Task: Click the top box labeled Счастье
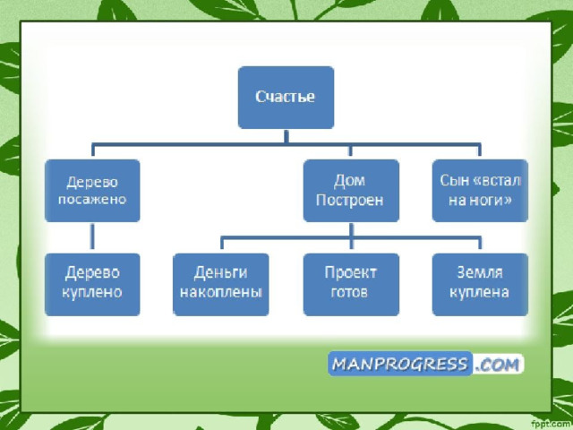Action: (286, 97)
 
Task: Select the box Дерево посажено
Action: (93, 191)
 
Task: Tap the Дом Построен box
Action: (350, 191)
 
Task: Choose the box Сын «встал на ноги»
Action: (480, 191)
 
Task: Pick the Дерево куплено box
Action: (93, 283)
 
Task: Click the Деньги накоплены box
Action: (221, 283)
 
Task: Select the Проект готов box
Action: (350, 283)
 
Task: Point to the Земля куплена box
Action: (480, 283)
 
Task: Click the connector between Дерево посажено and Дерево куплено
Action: (93, 237)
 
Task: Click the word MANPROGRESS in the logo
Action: (399, 364)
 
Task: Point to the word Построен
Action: (350, 201)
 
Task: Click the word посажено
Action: (93, 201)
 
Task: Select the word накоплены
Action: (221, 293)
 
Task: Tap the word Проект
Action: (350, 273)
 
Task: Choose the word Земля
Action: (480, 273)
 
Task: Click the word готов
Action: (350, 293)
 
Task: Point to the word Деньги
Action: (221, 273)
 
